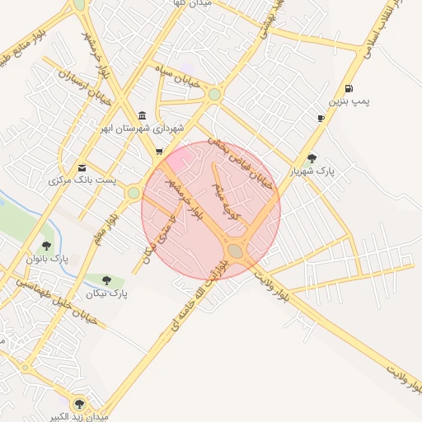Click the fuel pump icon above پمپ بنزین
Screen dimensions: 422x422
pyautogui.click(x=349, y=89)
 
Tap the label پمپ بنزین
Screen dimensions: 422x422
pyautogui.click(x=345, y=102)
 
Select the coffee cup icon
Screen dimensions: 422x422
pyautogui.click(x=321, y=119)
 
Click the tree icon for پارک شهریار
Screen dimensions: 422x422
pyautogui.click(x=311, y=158)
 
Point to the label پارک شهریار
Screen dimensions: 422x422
pyautogui.click(x=307, y=171)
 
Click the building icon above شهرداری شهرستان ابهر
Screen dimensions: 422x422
pyautogui.click(x=143, y=115)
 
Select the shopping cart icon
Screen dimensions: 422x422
pyautogui.click(x=159, y=152)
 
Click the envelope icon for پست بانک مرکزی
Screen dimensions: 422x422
pyautogui.click(x=81, y=166)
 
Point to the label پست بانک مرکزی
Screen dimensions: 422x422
pyautogui.click(x=83, y=180)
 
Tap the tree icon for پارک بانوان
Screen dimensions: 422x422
pyautogui.click(x=47, y=245)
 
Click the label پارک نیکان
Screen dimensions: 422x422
pyautogui.click(x=107, y=293)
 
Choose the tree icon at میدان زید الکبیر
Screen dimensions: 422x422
pyautogui.click(x=79, y=404)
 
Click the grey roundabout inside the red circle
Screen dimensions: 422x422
pyautogui.click(x=236, y=250)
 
